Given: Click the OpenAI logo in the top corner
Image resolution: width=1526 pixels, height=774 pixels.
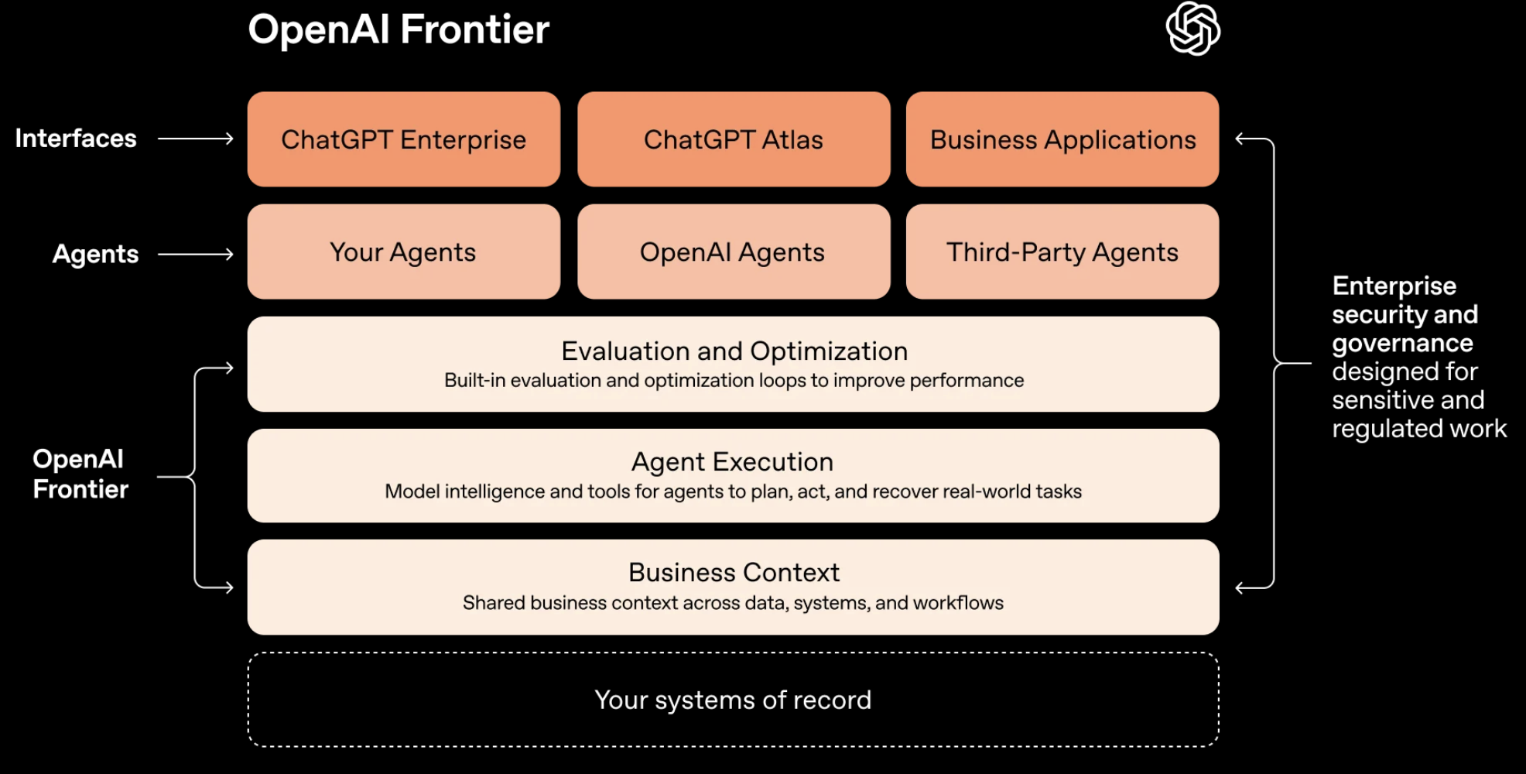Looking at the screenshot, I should [1192, 29].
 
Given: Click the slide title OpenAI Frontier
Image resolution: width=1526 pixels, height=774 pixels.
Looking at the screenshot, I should [399, 29].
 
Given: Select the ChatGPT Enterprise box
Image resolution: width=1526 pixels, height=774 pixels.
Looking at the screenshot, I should [403, 139].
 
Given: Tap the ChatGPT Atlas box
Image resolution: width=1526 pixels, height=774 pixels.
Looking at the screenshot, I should [733, 139].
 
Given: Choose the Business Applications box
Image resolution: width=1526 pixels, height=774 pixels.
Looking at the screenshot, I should [1062, 139].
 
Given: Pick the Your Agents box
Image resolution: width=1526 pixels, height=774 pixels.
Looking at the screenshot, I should [403, 252].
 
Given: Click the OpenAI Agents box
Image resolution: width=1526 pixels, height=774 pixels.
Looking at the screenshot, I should [733, 252].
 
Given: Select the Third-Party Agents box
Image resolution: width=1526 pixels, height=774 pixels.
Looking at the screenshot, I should [1062, 252].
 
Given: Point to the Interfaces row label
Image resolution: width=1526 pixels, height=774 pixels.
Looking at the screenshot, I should [76, 139].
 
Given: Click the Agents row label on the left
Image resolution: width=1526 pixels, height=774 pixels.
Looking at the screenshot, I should [95, 254].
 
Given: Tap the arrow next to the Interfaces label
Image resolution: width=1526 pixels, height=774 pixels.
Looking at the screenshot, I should [196, 139].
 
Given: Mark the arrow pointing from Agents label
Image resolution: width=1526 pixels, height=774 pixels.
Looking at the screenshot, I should [196, 254].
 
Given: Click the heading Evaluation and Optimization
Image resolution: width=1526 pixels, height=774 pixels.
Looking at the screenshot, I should [734, 351].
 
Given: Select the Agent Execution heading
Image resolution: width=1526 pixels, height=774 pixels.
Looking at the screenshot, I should [732, 462].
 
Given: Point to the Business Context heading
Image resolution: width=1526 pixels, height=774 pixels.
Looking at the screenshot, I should [734, 573].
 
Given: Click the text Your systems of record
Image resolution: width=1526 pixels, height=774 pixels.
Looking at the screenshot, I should [733, 700].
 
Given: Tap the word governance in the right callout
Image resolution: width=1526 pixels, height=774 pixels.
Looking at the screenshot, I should [1402, 343].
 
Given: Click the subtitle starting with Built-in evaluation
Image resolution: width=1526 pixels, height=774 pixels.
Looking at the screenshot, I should [734, 381].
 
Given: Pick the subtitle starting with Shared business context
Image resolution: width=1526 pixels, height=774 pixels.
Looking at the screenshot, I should [733, 603].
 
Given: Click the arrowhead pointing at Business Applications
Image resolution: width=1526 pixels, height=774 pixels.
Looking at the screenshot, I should [1240, 139].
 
